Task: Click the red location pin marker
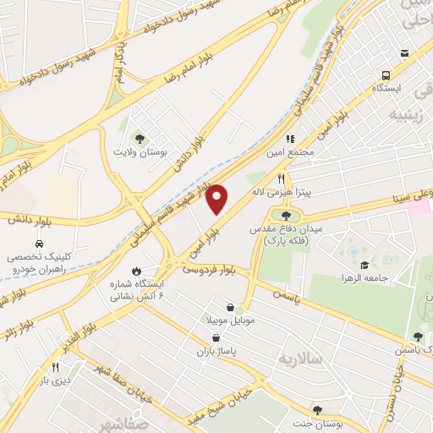point(217,198)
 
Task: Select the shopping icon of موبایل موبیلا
point(233,308)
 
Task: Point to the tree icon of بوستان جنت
point(317,409)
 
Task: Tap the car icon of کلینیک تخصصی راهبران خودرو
point(37,239)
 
